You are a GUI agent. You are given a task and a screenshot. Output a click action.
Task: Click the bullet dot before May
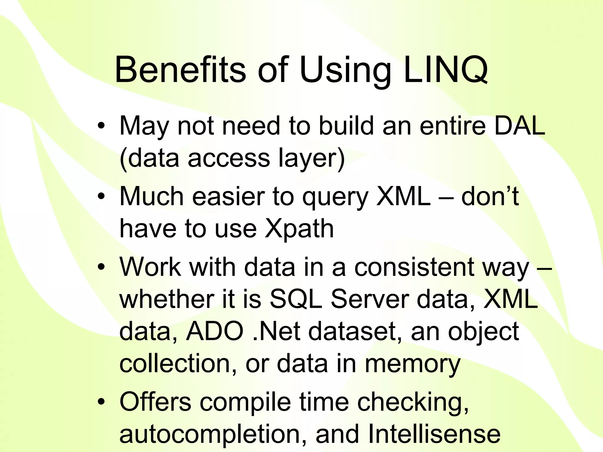coord(101,127)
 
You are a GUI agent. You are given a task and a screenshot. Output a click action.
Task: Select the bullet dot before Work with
coord(101,267)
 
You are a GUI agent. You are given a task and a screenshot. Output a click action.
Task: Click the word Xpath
coord(299,230)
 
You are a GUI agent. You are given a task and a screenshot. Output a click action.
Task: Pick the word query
coord(335,198)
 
